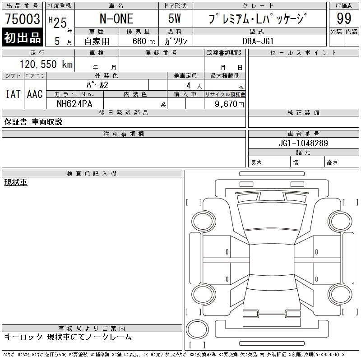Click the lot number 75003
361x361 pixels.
(x=23, y=19)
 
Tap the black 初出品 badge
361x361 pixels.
(x=22, y=37)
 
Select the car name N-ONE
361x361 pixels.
(x=116, y=19)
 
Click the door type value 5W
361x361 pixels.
(x=175, y=19)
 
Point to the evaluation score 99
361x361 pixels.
(x=344, y=19)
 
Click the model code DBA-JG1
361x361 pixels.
(x=258, y=41)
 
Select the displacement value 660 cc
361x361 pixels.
(x=143, y=41)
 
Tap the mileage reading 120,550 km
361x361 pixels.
(x=46, y=64)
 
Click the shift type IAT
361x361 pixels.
(x=13, y=94)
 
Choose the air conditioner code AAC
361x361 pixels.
(x=35, y=94)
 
